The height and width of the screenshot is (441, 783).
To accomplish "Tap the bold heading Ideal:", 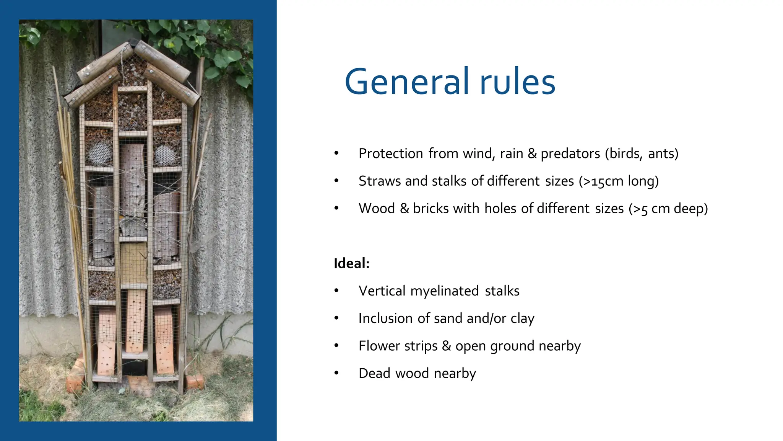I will (351, 263).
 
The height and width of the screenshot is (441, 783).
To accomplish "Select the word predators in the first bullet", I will (570, 154).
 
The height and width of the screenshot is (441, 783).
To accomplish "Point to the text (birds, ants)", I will (642, 154).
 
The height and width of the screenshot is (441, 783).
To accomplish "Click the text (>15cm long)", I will (619, 181).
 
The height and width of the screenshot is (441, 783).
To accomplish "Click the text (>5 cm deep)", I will (668, 209).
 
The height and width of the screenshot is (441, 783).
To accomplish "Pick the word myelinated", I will (444, 291).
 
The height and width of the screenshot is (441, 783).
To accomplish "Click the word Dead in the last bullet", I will (374, 374).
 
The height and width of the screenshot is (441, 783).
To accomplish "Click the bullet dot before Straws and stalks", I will (336, 181).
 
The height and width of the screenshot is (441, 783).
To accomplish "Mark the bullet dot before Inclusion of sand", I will (336, 318).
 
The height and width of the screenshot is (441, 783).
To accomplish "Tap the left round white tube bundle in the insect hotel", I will (99, 153).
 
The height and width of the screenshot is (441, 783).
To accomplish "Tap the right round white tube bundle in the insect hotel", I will (165, 154).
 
